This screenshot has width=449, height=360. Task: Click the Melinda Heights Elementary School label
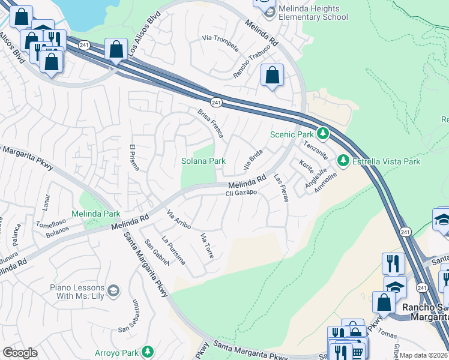click(x=313, y=13)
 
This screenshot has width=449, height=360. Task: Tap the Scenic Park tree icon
click(x=323, y=133)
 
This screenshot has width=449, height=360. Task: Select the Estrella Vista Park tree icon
click(x=343, y=161)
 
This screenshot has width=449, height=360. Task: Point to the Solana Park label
click(x=203, y=161)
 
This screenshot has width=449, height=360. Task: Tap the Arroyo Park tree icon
click(x=146, y=352)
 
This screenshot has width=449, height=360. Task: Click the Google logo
click(x=20, y=353)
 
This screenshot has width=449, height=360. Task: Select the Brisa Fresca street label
click(x=210, y=123)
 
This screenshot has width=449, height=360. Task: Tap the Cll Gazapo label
click(x=241, y=193)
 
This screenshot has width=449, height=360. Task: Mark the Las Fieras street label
click(x=281, y=188)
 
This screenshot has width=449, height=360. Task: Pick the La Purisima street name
click(x=173, y=250)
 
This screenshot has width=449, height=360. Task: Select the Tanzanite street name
click(x=315, y=148)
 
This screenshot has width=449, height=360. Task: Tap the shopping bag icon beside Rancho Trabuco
click(x=273, y=76)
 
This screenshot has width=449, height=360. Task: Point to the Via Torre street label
click(x=206, y=245)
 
